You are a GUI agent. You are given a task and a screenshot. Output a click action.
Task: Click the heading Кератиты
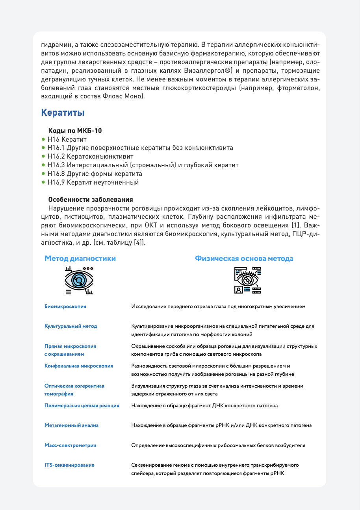point(63,113)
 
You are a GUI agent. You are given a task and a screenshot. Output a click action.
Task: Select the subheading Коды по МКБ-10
point(75,131)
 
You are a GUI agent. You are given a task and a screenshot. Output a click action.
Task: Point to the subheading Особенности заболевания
point(90,200)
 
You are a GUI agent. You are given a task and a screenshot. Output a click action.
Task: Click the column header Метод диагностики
point(80,259)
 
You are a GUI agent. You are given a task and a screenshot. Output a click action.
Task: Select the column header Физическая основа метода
point(244,259)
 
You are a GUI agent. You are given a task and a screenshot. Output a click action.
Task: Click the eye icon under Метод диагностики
point(79,280)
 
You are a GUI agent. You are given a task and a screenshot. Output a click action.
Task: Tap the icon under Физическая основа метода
point(247,280)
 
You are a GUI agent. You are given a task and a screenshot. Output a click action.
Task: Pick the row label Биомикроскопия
point(65,306)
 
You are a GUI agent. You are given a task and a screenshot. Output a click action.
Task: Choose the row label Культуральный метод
point(71,326)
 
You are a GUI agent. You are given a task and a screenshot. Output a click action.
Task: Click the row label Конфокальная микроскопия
point(79,366)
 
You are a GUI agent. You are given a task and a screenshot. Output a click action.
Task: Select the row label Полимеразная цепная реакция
point(82,406)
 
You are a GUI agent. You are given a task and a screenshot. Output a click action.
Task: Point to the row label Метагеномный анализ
point(71,425)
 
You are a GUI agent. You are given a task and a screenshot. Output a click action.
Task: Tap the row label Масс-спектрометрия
point(70,445)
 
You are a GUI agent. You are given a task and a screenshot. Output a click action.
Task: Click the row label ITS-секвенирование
point(69,465)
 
